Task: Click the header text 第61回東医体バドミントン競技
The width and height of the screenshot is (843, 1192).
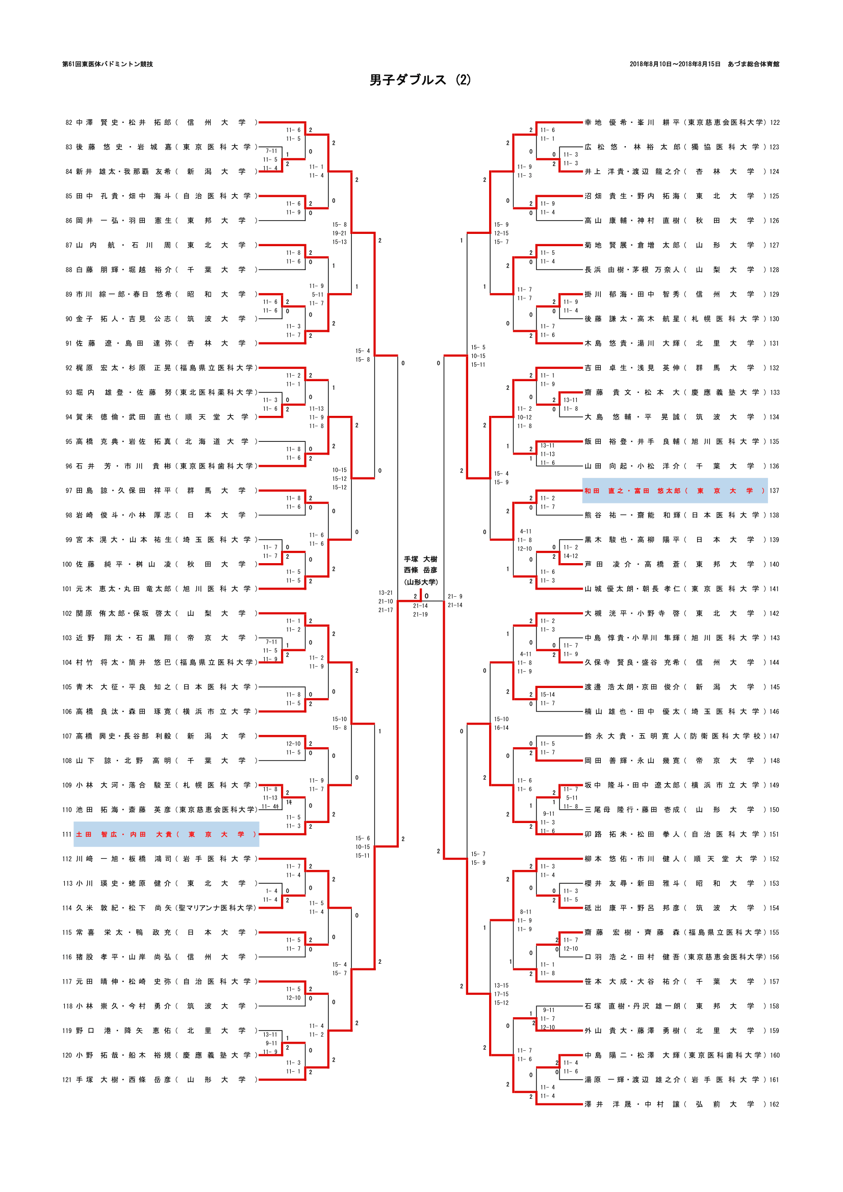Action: click(x=108, y=64)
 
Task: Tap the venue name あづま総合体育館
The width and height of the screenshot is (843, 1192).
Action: click(x=753, y=64)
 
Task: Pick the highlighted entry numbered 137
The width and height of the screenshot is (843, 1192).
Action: click(x=674, y=491)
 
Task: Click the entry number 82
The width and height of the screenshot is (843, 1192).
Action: click(x=68, y=122)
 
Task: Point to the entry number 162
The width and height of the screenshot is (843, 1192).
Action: click(x=774, y=1104)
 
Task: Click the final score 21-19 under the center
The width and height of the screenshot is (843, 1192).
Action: click(x=420, y=614)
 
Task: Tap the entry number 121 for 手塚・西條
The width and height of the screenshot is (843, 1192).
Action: click(x=67, y=1080)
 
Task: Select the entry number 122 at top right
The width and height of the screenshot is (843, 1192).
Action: click(x=775, y=122)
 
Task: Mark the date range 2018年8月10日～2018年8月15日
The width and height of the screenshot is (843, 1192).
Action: click(x=675, y=64)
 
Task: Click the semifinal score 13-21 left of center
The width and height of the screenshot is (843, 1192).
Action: click(x=386, y=592)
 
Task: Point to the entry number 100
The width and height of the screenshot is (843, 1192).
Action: click(x=67, y=564)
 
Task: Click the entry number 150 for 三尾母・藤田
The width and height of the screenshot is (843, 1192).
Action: click(x=774, y=810)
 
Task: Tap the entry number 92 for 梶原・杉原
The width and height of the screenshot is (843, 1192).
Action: click(x=68, y=368)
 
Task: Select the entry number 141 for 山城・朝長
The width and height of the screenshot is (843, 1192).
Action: click(x=774, y=589)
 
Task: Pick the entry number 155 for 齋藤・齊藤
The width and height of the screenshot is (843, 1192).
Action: click(x=774, y=933)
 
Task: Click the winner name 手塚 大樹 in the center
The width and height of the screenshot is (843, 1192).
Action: click(x=420, y=559)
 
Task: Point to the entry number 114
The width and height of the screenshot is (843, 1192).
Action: click(x=67, y=908)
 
